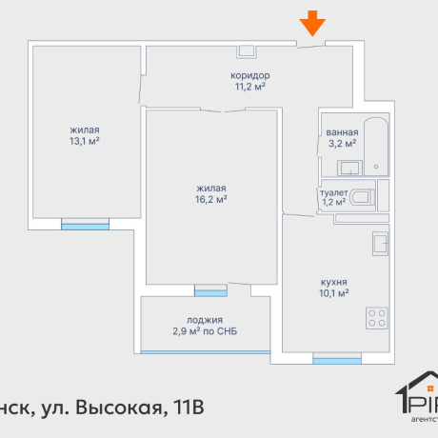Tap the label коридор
pyautogui.click(x=250, y=75)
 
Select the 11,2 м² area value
pyautogui.click(x=250, y=87)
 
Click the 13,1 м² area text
pyautogui.click(x=85, y=141)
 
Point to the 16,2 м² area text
pyautogui.click(x=211, y=200)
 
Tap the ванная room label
pyautogui.click(x=341, y=132)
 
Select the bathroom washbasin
pyautogui.click(x=350, y=169)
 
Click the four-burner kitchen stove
pyautogui.click(x=377, y=316)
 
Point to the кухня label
pyautogui.click(x=333, y=282)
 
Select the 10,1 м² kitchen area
pyautogui.click(x=333, y=293)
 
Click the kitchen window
pyautogui.click(x=337, y=360)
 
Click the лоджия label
pyautogui.click(x=205, y=320)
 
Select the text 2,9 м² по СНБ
pyautogui.click(x=205, y=331)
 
